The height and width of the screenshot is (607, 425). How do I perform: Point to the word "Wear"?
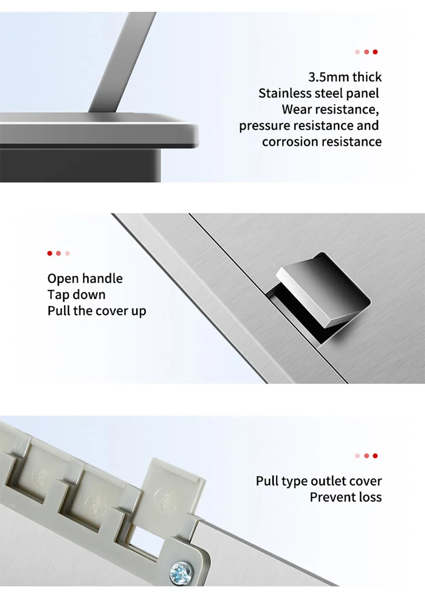click(x=296, y=110)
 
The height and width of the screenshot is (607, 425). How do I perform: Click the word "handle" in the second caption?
click(x=103, y=279)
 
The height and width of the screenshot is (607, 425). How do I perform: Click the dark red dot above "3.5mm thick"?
click(x=375, y=52)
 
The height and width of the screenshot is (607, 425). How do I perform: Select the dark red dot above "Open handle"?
click(x=50, y=253)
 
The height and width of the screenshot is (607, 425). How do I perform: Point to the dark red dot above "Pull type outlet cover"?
click(x=375, y=456)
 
